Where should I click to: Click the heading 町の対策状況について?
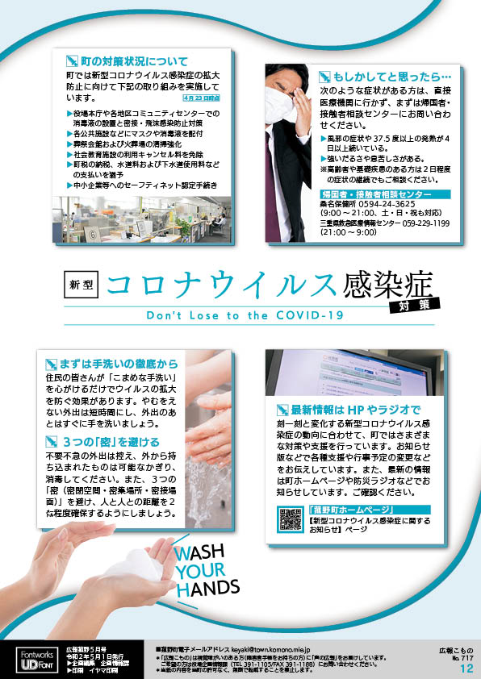(133, 60)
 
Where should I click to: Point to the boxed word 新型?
(82, 284)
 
